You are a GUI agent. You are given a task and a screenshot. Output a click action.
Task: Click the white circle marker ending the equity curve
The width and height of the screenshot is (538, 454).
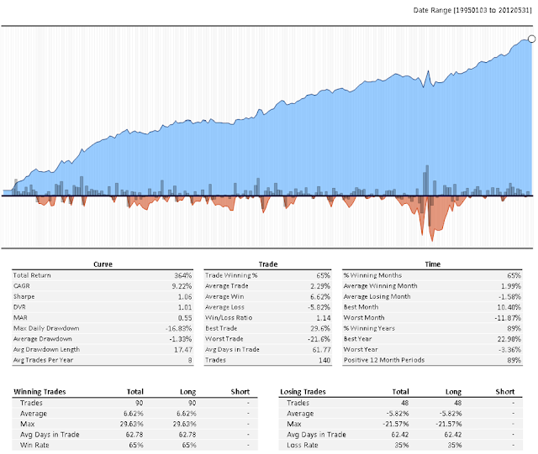531,39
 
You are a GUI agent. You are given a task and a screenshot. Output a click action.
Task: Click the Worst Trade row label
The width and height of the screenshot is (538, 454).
227,338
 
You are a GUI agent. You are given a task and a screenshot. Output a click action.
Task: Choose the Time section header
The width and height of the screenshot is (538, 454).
432,264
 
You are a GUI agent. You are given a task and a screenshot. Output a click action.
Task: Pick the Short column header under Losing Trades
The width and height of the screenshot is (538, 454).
504,391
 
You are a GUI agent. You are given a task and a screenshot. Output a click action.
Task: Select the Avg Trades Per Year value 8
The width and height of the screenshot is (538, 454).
189,359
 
